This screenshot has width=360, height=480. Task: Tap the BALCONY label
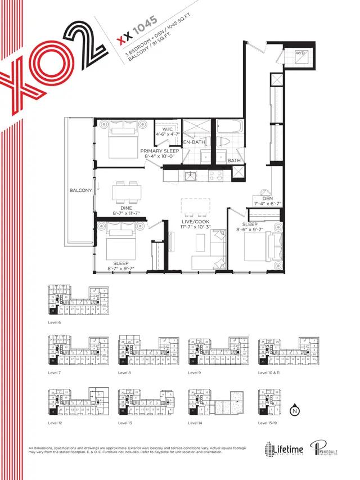click(80, 191)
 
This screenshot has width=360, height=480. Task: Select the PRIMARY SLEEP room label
click(160, 151)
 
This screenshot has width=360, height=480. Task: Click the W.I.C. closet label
click(167, 128)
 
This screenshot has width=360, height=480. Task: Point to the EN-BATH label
click(194, 142)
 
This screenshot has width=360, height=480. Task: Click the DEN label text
click(267, 198)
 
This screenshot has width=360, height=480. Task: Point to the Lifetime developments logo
click(285, 448)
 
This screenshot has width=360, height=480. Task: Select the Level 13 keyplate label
click(127, 423)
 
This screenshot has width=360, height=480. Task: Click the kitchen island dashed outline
click(195, 206)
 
